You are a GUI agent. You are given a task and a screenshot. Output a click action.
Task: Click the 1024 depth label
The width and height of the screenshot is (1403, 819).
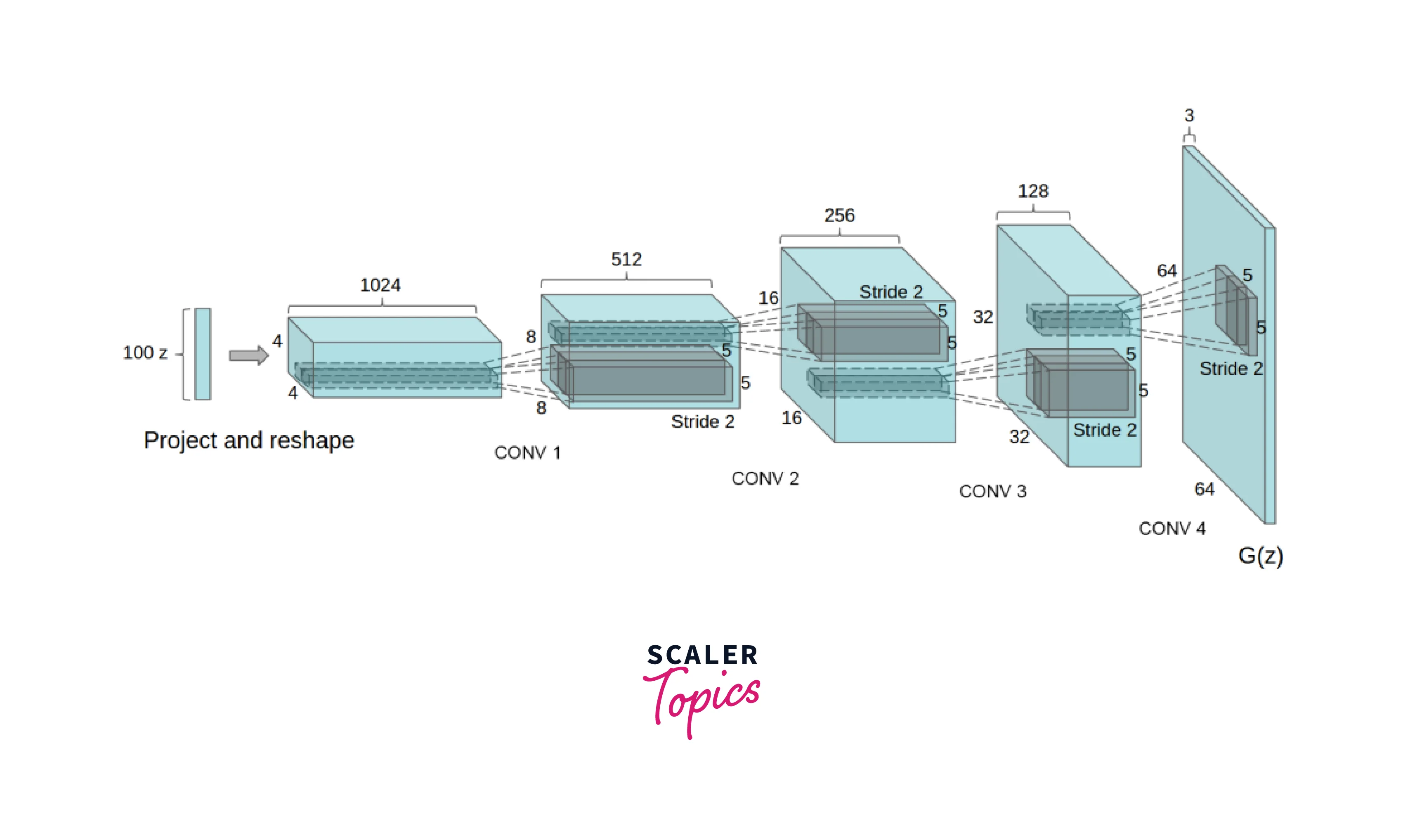click(x=380, y=285)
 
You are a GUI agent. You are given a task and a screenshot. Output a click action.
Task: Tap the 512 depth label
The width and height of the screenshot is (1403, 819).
click(x=626, y=259)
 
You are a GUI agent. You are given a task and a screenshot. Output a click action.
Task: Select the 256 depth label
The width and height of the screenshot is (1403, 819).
click(x=840, y=215)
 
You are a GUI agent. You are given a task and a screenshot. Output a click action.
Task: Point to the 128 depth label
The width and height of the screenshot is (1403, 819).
click(x=1033, y=191)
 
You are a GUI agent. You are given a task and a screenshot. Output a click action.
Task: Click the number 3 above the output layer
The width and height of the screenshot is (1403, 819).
click(x=1189, y=115)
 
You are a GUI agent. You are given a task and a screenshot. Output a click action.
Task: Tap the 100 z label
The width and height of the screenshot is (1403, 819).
click(x=145, y=353)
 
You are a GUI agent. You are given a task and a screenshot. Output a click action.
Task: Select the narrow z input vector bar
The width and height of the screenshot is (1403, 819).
click(x=203, y=354)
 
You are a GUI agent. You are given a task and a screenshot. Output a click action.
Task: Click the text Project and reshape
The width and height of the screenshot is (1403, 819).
click(x=249, y=440)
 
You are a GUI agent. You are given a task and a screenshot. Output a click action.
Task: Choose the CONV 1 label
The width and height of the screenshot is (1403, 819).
click(x=527, y=453)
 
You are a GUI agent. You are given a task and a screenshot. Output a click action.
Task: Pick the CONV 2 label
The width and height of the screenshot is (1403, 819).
click(x=765, y=478)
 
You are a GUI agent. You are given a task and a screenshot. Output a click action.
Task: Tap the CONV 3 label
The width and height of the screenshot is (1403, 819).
click(x=993, y=491)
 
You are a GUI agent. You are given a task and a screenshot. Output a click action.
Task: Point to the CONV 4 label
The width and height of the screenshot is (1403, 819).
click(x=1172, y=528)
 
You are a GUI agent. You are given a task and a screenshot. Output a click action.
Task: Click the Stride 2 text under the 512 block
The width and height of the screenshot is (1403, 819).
click(x=703, y=422)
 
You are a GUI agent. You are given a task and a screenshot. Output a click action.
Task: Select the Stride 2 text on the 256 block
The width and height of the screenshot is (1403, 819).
click(x=891, y=292)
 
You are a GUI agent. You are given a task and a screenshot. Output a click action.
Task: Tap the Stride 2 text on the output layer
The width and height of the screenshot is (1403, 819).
click(x=1231, y=369)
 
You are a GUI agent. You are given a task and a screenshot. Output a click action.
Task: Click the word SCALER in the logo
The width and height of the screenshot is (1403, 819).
click(x=702, y=655)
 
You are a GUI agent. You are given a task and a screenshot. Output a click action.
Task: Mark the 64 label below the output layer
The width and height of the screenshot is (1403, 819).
click(x=1204, y=489)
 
